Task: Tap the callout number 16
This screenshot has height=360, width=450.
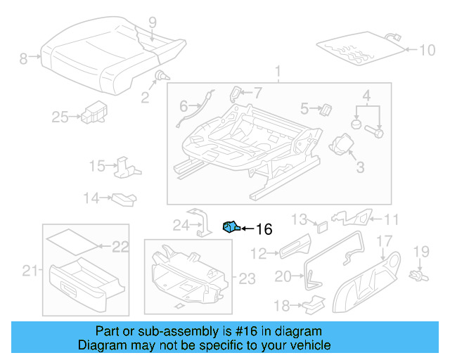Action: (263, 229)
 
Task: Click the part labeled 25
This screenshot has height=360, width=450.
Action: (91, 112)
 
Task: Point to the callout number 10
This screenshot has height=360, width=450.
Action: (427, 50)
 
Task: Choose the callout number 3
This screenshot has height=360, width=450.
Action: (360, 167)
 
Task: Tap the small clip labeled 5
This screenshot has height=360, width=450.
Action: (326, 109)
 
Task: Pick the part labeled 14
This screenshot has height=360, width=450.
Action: (124, 198)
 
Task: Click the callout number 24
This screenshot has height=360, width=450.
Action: (181, 226)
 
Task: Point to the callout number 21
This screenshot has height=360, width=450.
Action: (28, 271)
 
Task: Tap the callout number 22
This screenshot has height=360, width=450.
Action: (121, 247)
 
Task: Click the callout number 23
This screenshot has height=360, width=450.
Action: (246, 279)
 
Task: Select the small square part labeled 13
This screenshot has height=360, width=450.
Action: (321, 226)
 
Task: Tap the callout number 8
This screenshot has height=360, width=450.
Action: (23, 59)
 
